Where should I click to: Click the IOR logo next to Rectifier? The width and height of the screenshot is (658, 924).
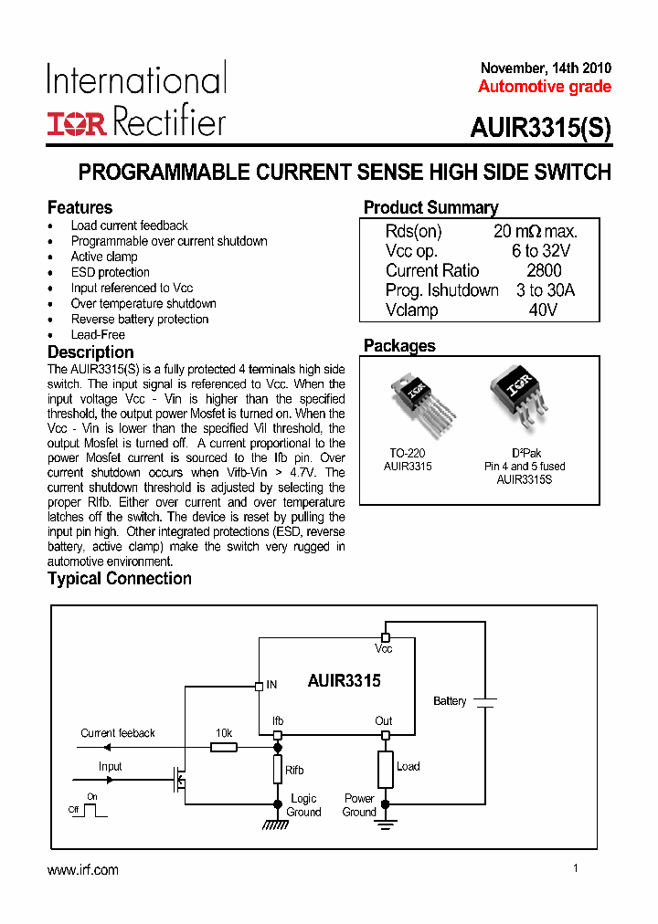(77, 123)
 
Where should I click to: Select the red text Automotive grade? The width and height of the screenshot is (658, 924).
(545, 87)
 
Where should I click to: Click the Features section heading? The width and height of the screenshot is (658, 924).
(80, 207)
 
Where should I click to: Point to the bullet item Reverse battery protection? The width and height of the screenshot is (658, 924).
(140, 319)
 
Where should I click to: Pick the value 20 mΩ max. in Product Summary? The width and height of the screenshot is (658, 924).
(536, 232)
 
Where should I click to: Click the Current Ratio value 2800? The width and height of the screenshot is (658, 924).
(544, 270)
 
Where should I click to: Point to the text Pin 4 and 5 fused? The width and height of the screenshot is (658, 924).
(525, 466)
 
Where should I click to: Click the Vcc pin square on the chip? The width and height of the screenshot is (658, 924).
(385, 636)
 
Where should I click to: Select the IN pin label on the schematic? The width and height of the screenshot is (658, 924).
(271, 684)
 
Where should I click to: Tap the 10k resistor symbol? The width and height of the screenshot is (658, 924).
(224, 747)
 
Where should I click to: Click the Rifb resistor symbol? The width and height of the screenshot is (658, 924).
(278, 769)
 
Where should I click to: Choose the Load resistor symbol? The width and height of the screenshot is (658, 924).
(385, 768)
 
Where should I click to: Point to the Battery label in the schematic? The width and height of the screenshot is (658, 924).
(450, 701)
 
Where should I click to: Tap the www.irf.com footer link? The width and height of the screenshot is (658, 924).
(83, 870)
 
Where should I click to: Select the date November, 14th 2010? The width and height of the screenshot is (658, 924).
(546, 68)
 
